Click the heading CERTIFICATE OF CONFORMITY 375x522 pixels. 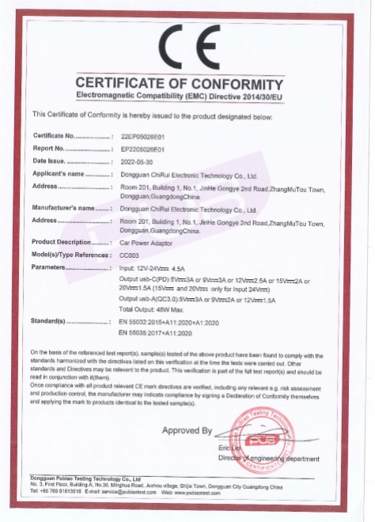[187, 84]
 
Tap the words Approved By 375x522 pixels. [187, 431]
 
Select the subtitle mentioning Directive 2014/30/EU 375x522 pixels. [187, 96]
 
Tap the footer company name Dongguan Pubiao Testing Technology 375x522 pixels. [85, 479]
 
